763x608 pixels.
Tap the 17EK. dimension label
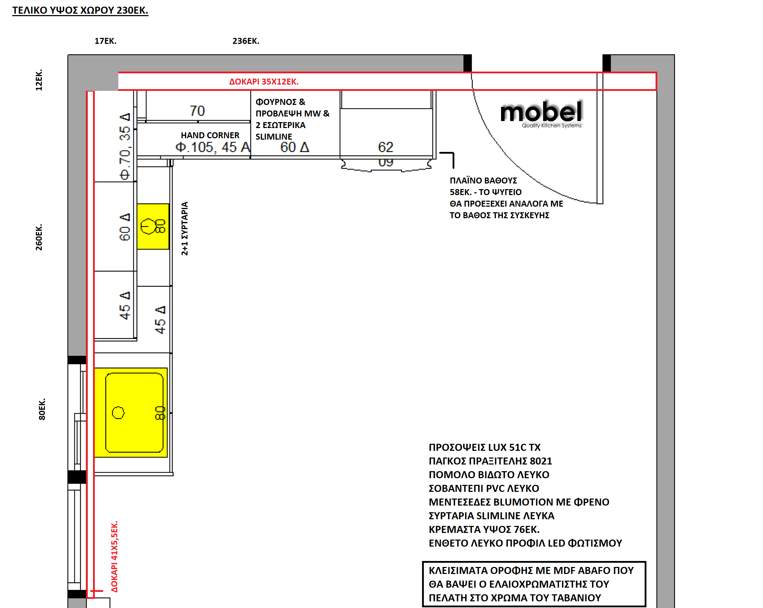tap(105, 41)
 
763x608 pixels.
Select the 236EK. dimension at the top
tap(245, 41)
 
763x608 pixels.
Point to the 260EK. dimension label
tap(39, 237)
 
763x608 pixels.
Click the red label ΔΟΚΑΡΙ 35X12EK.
tap(264, 82)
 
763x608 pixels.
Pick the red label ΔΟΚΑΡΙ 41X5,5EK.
tap(114, 556)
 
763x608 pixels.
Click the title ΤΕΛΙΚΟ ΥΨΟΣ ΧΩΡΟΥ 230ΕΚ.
tap(80, 10)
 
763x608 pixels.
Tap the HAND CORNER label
tap(210, 135)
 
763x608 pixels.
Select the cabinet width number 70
tap(197, 111)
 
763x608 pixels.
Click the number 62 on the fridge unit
tap(386, 147)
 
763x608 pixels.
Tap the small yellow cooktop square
tap(153, 226)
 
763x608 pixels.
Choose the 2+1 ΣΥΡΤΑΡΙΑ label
tap(184, 228)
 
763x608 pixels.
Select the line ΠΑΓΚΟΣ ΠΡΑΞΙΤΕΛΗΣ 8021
tap(490, 461)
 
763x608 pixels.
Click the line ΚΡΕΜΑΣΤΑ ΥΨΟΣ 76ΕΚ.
tap(484, 529)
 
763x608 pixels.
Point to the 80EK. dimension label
tap(42, 409)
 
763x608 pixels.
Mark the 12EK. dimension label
tap(39, 80)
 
